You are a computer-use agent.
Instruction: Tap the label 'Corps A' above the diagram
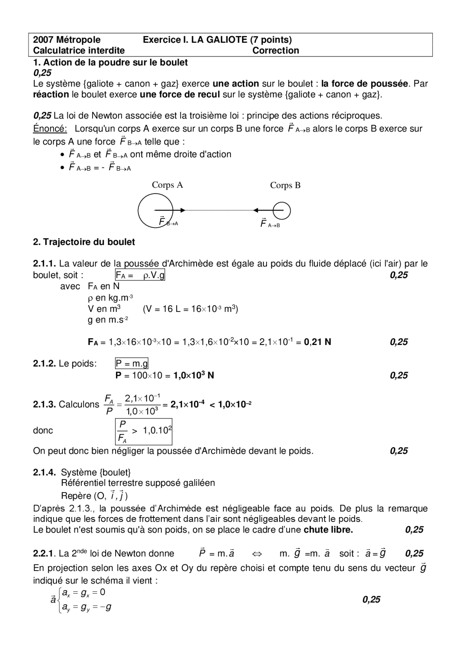click(x=167, y=185)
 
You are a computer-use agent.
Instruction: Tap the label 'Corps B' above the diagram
click(x=285, y=185)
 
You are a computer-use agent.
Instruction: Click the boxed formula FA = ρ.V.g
click(x=140, y=275)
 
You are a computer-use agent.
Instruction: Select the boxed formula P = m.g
click(x=131, y=364)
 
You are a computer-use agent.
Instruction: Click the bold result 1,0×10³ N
click(x=194, y=376)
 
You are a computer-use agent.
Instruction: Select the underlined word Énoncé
click(x=50, y=129)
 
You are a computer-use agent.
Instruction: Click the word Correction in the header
click(x=276, y=51)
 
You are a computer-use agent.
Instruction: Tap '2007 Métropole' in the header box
click(x=67, y=40)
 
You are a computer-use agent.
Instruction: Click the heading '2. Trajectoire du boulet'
click(x=84, y=242)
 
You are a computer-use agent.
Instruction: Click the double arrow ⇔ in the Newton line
click(x=257, y=554)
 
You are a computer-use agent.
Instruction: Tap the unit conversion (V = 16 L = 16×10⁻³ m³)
click(x=191, y=309)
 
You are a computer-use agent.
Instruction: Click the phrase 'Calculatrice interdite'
click(x=79, y=51)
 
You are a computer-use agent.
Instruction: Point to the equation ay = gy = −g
click(x=86, y=607)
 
